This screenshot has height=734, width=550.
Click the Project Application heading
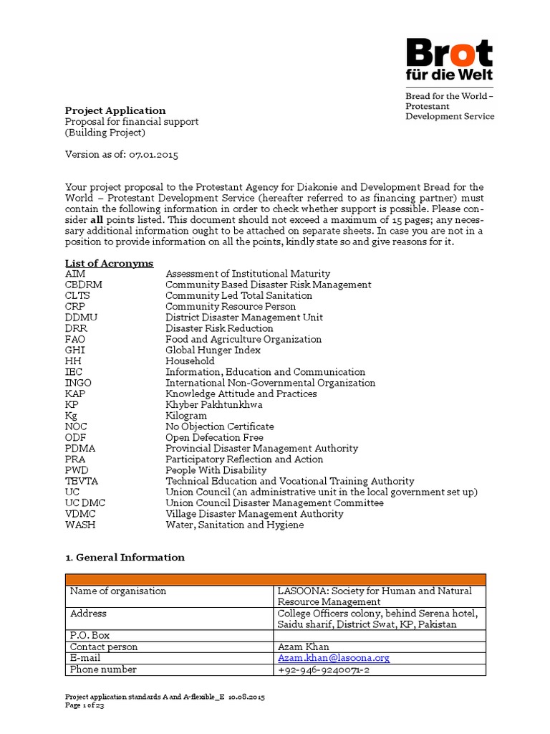115,110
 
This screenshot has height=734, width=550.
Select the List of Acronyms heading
109,263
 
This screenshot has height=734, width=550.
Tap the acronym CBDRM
83,285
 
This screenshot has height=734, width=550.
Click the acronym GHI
74,351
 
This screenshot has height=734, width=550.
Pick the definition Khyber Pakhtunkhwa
214,405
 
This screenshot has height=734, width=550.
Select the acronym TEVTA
81,481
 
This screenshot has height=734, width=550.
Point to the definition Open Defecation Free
214,437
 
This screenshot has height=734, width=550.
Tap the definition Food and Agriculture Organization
243,339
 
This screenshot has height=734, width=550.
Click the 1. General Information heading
125,557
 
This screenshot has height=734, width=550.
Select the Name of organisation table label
118,591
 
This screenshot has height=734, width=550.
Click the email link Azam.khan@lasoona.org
334,658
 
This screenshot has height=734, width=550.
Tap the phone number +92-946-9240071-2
324,669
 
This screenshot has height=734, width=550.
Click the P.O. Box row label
90,635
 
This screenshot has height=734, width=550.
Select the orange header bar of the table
276,579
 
